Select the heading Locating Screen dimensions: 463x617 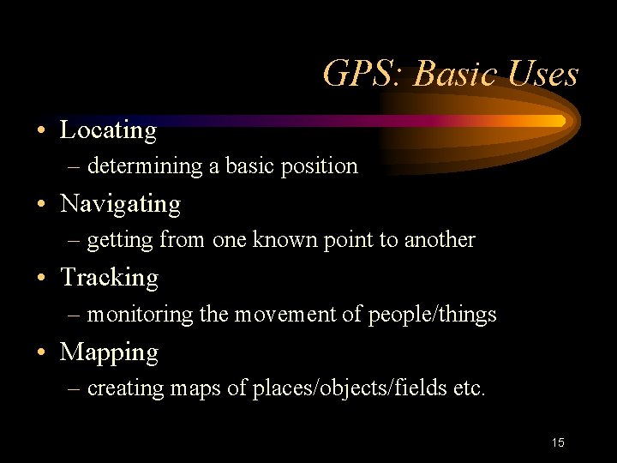[108, 130]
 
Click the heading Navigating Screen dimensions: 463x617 [120, 204]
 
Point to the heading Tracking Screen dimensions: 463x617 [109, 278]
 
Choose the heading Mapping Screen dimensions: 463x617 [109, 352]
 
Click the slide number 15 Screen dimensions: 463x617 [558, 442]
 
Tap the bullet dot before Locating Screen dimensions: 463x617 [41, 132]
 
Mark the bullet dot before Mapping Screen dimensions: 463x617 [41, 354]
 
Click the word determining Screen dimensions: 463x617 [145, 166]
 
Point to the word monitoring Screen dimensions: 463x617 [141, 315]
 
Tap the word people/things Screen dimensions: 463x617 [432, 315]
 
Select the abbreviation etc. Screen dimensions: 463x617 [469, 389]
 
